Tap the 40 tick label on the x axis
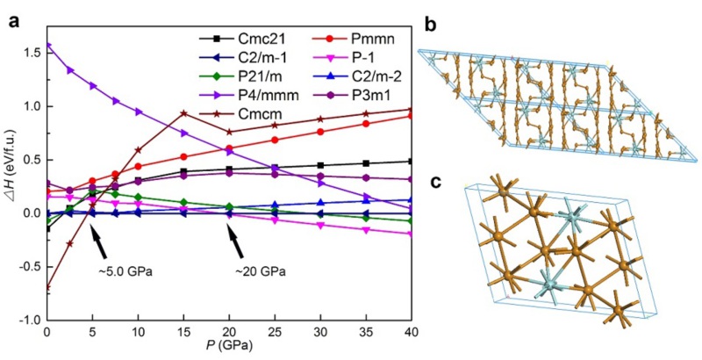(x=412, y=335)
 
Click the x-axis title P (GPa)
(x=228, y=350)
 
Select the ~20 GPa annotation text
(x=261, y=270)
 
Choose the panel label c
(x=430, y=182)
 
